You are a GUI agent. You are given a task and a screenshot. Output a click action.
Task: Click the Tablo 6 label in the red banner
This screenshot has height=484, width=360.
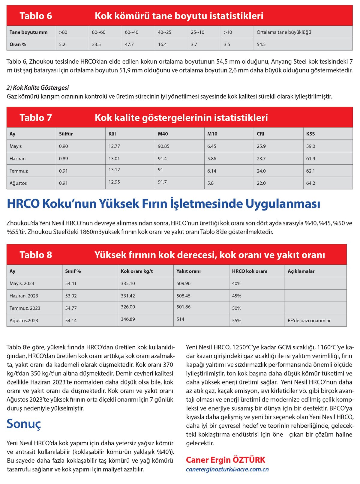coord(36,16)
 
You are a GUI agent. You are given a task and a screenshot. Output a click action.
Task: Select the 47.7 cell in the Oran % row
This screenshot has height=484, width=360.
coord(129,44)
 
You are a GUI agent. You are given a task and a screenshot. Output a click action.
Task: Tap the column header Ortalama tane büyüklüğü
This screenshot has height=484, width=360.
coord(284,32)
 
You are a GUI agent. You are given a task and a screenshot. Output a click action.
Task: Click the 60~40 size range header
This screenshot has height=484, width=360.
coord(132,32)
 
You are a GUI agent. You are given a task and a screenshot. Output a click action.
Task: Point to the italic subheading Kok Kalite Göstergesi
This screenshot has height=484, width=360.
coord(38,88)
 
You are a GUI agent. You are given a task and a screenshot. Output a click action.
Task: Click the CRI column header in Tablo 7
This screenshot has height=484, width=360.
coord(260,134)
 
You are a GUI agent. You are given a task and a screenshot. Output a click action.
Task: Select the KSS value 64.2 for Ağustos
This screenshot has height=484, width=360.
coord(310,183)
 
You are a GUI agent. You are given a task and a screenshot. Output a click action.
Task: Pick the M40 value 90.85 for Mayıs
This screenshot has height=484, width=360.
coord(163,146)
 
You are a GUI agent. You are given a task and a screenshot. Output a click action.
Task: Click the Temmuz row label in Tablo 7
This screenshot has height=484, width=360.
coord(19,171)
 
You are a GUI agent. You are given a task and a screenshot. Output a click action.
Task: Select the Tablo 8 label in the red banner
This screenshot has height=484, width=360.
coord(36,255)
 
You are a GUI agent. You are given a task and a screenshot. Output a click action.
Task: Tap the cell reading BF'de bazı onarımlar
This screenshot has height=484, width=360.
coord(309,320)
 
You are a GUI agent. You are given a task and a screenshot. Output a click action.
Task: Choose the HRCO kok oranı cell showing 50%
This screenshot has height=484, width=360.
coord(237,308)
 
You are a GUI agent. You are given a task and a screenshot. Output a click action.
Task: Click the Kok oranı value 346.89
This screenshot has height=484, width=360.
coord(128,319)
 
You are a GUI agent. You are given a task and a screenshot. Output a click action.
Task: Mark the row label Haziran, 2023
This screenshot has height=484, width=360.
coord(24,296)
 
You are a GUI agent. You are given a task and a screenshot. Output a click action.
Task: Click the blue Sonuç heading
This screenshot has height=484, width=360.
coord(24,424)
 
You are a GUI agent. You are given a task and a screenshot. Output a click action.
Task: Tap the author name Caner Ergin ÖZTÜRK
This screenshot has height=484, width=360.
coord(226,460)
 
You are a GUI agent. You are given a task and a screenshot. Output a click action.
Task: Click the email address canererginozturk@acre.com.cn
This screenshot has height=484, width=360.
coord(227,469)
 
